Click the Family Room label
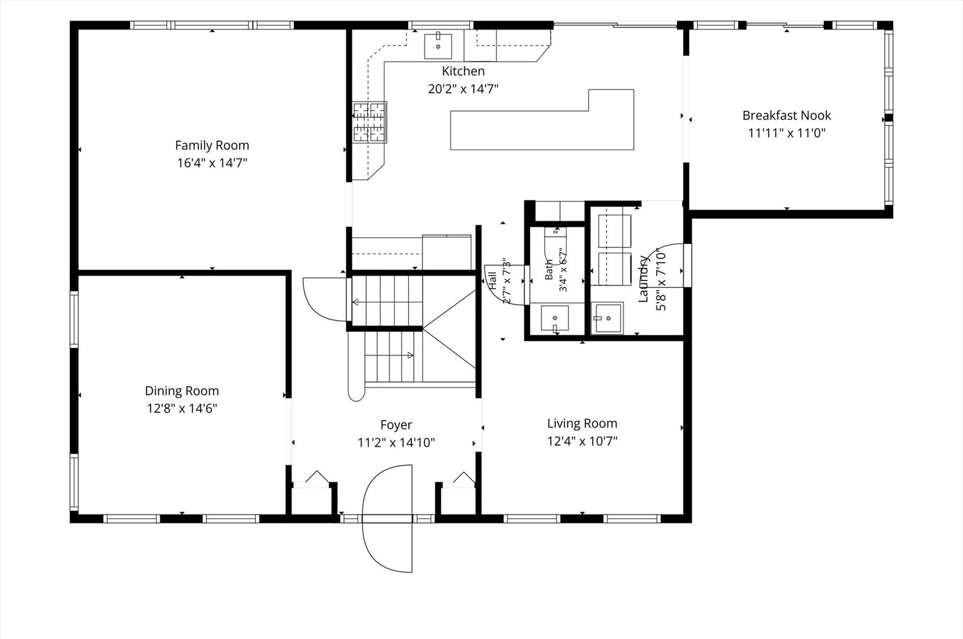212,146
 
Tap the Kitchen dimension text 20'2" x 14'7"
463,89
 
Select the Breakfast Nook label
787,115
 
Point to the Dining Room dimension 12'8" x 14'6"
182,408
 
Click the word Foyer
396,425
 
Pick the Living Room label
582,424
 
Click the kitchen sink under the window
438,46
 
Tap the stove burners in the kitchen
369,122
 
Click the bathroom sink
555,318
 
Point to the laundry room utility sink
607,318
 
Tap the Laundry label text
643,279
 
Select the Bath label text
549,270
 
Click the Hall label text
492,280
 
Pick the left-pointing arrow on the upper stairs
355,302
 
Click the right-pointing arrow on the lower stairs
411,356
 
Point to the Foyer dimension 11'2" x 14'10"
397,443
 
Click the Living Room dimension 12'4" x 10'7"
582,441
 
